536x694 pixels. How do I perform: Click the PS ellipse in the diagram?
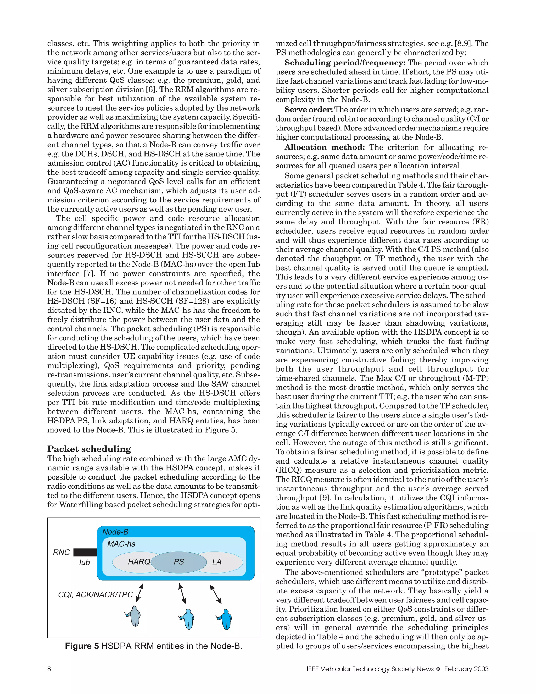[x=179, y=562]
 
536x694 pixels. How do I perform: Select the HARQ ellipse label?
[x=139, y=562]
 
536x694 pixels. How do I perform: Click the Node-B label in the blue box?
[x=115, y=532]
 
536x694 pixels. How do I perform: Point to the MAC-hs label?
[x=121, y=544]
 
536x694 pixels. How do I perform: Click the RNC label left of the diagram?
[x=61, y=553]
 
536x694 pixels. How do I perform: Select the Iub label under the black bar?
[x=84, y=563]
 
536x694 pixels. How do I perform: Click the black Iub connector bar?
[x=85, y=552]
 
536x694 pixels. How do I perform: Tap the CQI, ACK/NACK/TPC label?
[x=95, y=594]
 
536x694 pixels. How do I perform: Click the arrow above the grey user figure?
[x=140, y=593]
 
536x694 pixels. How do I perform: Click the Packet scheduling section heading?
[x=89, y=449]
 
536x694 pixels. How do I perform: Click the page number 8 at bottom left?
[x=49, y=669]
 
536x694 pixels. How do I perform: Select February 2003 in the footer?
[x=466, y=669]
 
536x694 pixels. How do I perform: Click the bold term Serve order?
[x=309, y=110]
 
